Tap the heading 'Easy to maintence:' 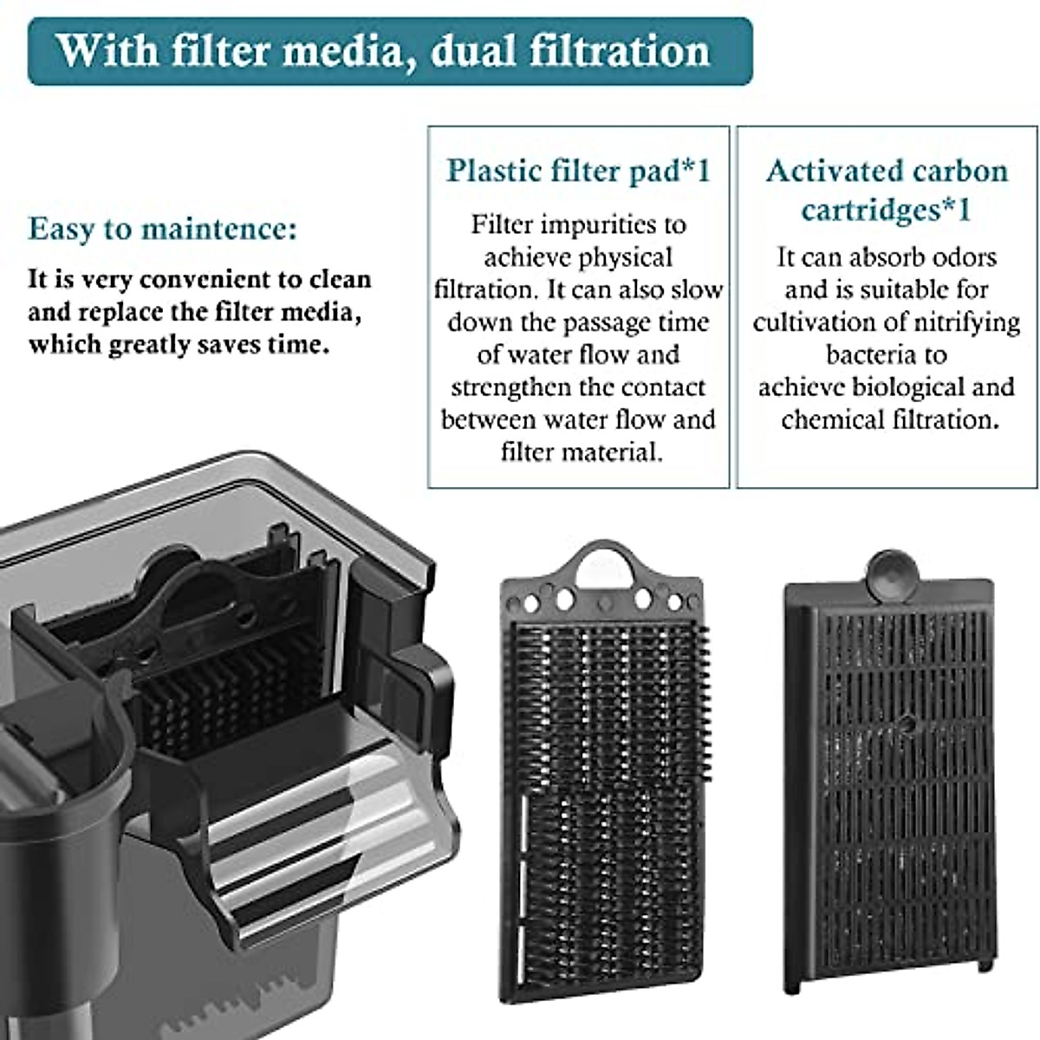coord(162,230)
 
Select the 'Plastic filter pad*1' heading coord(578,171)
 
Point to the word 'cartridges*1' coord(886,210)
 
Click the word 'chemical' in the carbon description coord(833,420)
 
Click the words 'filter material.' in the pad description coord(581,452)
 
